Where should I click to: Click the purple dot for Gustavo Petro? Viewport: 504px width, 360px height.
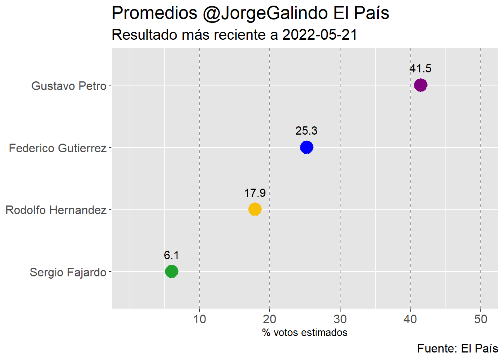pyautogui.click(x=420, y=85)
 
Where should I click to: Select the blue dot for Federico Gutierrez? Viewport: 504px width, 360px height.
pyautogui.click(x=306, y=147)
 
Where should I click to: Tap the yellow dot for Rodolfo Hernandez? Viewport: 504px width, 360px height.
pyautogui.click(x=255, y=209)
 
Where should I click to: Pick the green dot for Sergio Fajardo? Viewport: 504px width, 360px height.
pyautogui.click(x=171, y=271)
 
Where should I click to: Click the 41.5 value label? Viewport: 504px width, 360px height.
pyautogui.click(x=420, y=69)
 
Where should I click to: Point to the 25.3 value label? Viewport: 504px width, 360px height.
pyautogui.click(x=306, y=131)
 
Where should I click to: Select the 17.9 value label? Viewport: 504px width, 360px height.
pyautogui.click(x=255, y=193)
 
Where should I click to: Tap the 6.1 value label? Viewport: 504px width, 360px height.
pyautogui.click(x=171, y=255)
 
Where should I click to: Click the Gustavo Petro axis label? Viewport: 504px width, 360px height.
pyautogui.click(x=69, y=86)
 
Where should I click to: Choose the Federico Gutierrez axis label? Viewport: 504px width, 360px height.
pyautogui.click(x=58, y=148)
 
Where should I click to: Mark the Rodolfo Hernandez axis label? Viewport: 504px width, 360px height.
pyautogui.click(x=56, y=210)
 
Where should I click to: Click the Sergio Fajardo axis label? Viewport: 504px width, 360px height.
pyautogui.click(x=68, y=272)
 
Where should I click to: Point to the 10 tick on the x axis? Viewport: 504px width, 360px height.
pyautogui.click(x=199, y=319)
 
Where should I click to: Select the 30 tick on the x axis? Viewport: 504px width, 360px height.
pyautogui.click(x=340, y=319)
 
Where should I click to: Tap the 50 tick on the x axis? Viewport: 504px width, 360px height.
pyautogui.click(x=481, y=319)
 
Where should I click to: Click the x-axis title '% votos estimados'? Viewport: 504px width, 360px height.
pyautogui.click(x=304, y=333)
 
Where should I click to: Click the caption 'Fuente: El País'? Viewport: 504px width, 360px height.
pyautogui.click(x=457, y=348)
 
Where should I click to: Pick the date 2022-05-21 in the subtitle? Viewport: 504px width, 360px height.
pyautogui.click(x=319, y=35)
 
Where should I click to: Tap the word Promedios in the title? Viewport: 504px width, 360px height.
pyautogui.click(x=154, y=13)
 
